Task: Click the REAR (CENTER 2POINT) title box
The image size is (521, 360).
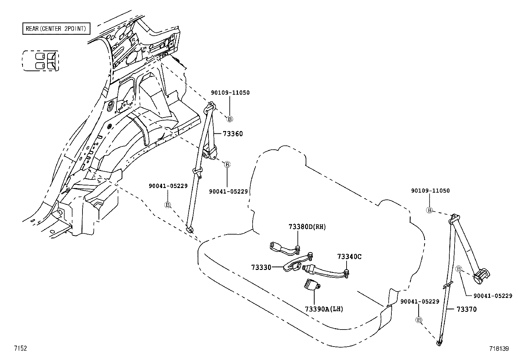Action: click(x=56, y=28)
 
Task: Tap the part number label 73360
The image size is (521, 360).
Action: click(x=233, y=134)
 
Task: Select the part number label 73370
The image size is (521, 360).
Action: click(x=467, y=309)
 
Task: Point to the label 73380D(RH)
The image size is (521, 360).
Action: click(x=307, y=227)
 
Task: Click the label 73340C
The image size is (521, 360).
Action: click(x=349, y=256)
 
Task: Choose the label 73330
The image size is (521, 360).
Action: click(x=261, y=267)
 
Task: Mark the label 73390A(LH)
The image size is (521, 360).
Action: click(x=324, y=309)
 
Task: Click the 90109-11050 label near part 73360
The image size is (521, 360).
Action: click(x=230, y=93)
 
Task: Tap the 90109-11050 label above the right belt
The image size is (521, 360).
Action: click(x=430, y=190)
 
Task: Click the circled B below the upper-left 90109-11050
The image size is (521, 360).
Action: click(x=229, y=119)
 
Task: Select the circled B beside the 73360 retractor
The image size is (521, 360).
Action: click(x=227, y=165)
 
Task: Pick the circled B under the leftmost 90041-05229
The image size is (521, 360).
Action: click(x=168, y=205)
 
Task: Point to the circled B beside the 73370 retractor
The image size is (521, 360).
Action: click(x=459, y=269)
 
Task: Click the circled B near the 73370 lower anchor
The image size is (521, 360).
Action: click(x=419, y=320)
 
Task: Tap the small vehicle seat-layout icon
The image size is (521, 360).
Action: click(x=41, y=61)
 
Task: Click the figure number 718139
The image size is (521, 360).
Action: click(x=499, y=349)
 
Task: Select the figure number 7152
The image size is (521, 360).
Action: click(x=21, y=348)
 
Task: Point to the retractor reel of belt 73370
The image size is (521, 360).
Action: click(x=481, y=277)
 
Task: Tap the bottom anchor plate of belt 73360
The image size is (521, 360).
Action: click(x=190, y=230)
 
